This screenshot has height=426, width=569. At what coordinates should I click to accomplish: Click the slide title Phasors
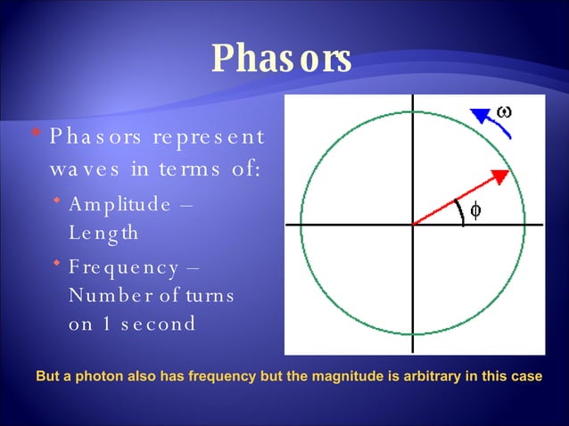pos(281,59)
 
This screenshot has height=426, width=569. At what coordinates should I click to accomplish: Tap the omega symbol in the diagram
pos(504,111)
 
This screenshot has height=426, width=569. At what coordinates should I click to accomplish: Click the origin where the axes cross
pos(413,225)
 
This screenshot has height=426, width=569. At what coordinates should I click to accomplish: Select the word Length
pos(103,233)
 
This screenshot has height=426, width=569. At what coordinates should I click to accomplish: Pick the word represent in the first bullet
pos(209,136)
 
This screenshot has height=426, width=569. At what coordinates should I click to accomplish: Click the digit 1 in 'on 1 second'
pos(105,324)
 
